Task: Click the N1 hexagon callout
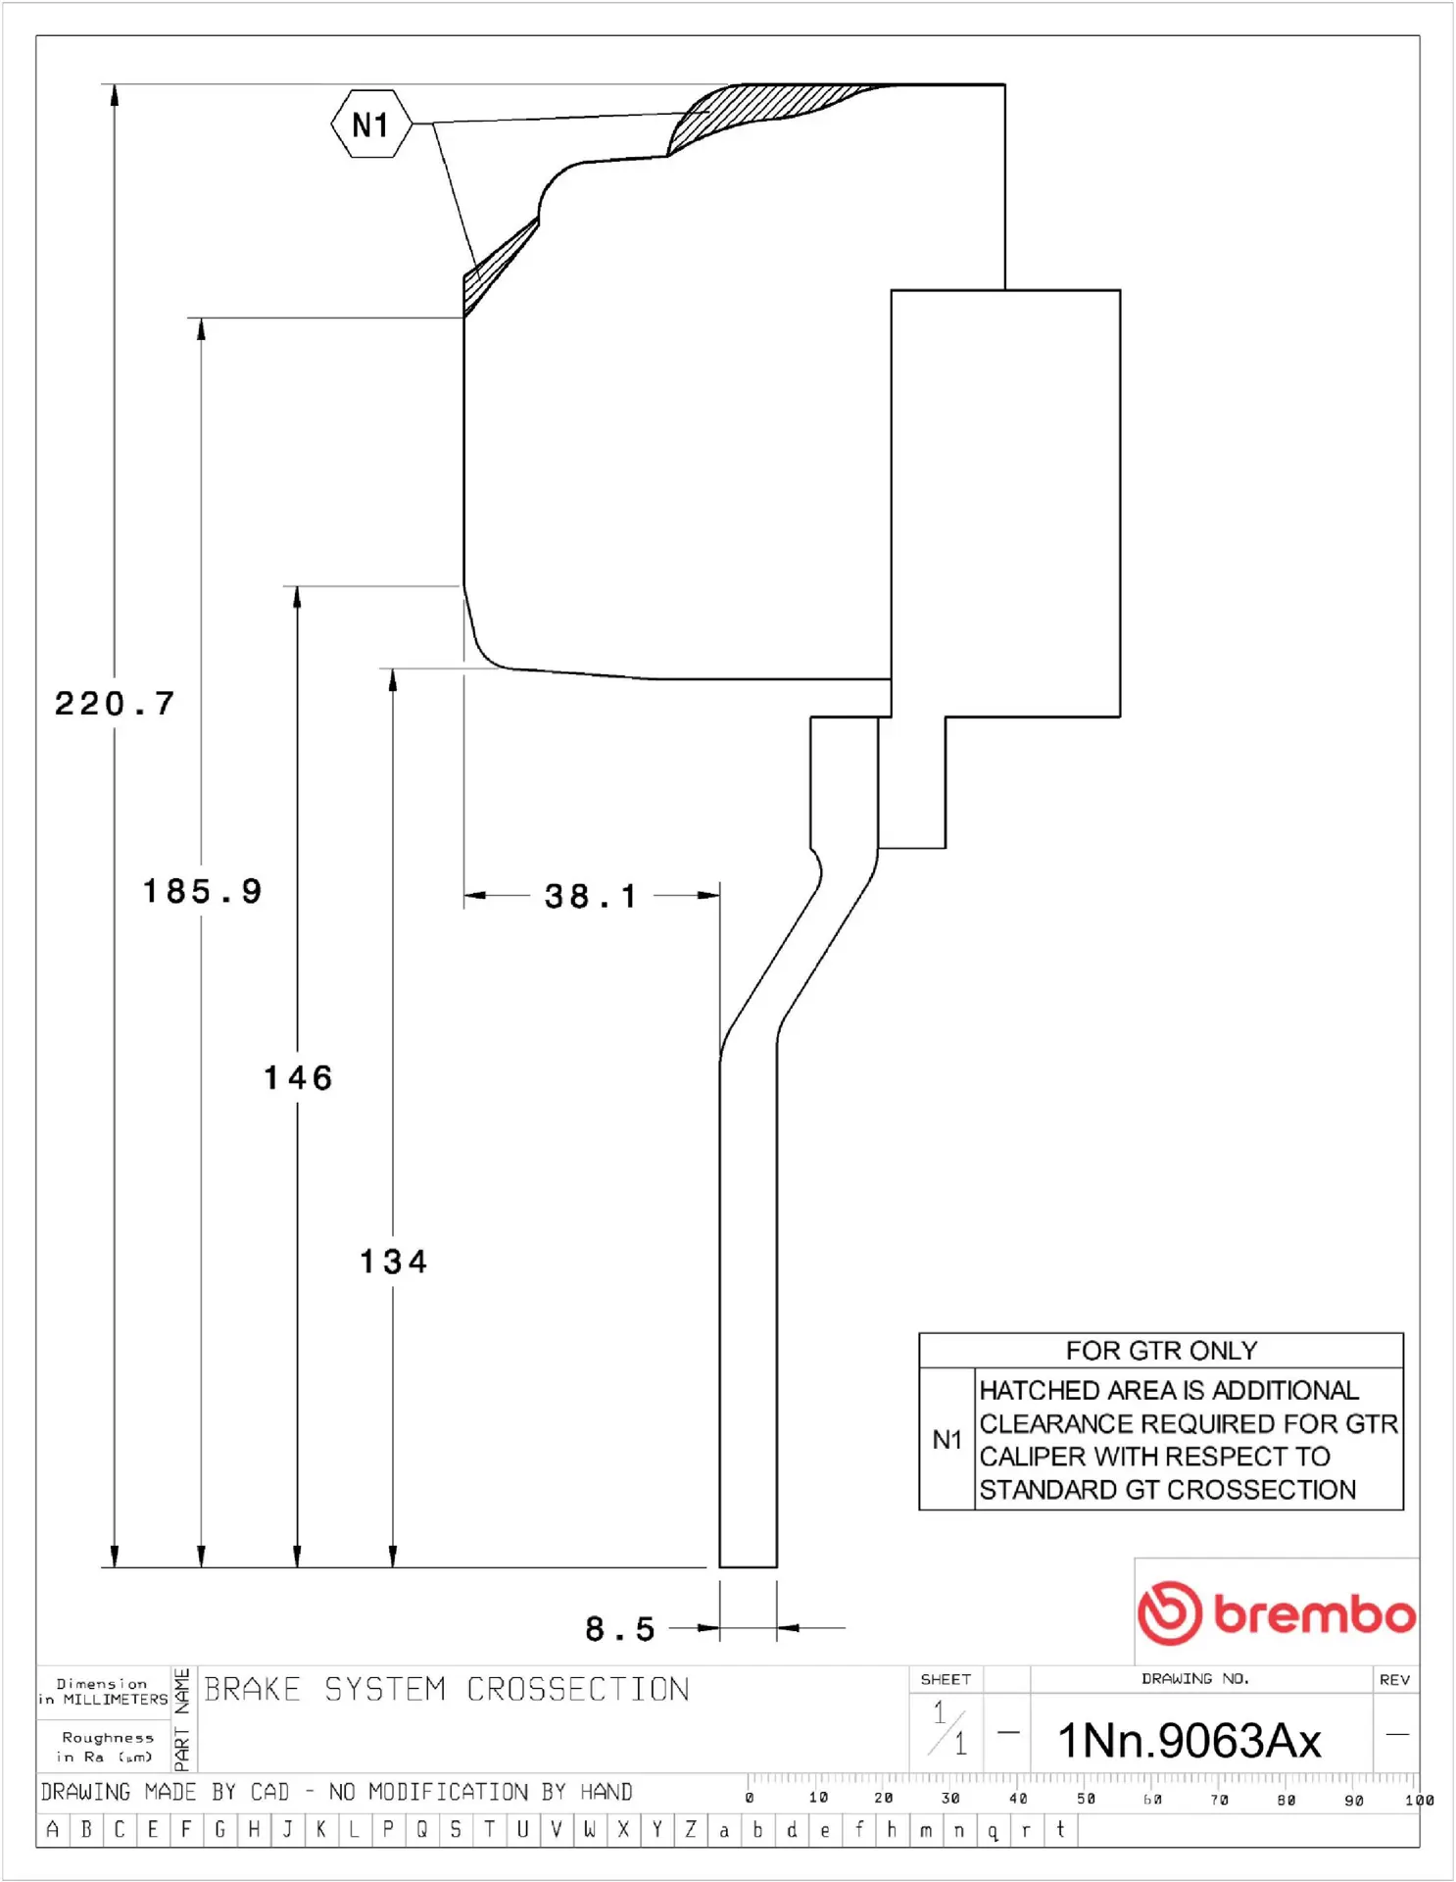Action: click(371, 124)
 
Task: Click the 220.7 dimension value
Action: click(115, 704)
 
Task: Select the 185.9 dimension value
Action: click(203, 891)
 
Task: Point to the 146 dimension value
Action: click(298, 1078)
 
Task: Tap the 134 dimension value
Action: click(393, 1262)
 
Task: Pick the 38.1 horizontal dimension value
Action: click(591, 896)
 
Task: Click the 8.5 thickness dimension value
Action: click(620, 1629)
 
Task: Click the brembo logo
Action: click(1277, 1612)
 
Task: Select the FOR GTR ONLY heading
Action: click(1161, 1351)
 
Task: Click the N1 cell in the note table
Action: click(946, 1439)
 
